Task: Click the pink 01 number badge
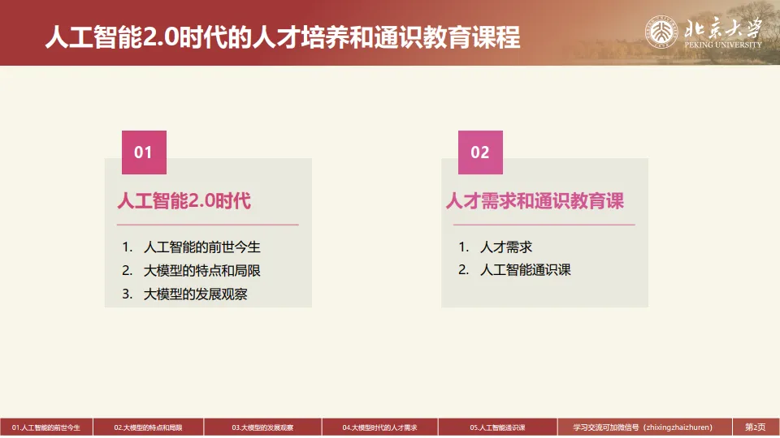(144, 152)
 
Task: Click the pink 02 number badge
(480, 152)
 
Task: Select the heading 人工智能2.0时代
(184, 201)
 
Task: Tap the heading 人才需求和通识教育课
(535, 201)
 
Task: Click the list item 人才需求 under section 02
(506, 247)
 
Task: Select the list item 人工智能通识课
(526, 270)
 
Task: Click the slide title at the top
(282, 36)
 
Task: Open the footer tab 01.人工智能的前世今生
(46, 427)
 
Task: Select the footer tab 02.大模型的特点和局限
(148, 427)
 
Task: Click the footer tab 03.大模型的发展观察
(262, 427)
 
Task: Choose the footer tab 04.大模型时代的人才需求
(379, 427)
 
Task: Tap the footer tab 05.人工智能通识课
(497, 427)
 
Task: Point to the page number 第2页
(756, 427)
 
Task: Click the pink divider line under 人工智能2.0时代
(208, 225)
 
